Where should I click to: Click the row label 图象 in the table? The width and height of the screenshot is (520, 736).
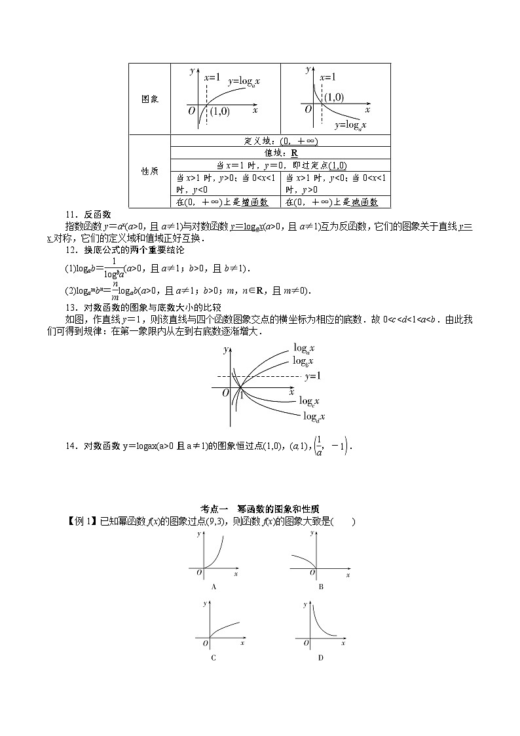pyautogui.click(x=150, y=99)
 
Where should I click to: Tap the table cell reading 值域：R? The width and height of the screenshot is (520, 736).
pyautogui.click(x=280, y=153)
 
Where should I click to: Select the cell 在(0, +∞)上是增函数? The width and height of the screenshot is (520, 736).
pyautogui.click(x=223, y=203)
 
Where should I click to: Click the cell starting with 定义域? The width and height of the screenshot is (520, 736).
pyautogui.click(x=280, y=141)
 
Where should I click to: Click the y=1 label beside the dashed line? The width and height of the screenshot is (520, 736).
pyautogui.click(x=312, y=376)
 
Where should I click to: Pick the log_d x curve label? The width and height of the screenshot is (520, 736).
pyautogui.click(x=314, y=416)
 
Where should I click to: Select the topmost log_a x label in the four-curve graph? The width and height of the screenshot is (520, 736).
pyautogui.click(x=304, y=348)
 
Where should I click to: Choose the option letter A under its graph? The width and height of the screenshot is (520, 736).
pyautogui.click(x=214, y=587)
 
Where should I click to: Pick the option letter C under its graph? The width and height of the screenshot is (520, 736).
pyautogui.click(x=214, y=657)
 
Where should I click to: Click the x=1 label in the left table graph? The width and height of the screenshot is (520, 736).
pyautogui.click(x=212, y=77)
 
